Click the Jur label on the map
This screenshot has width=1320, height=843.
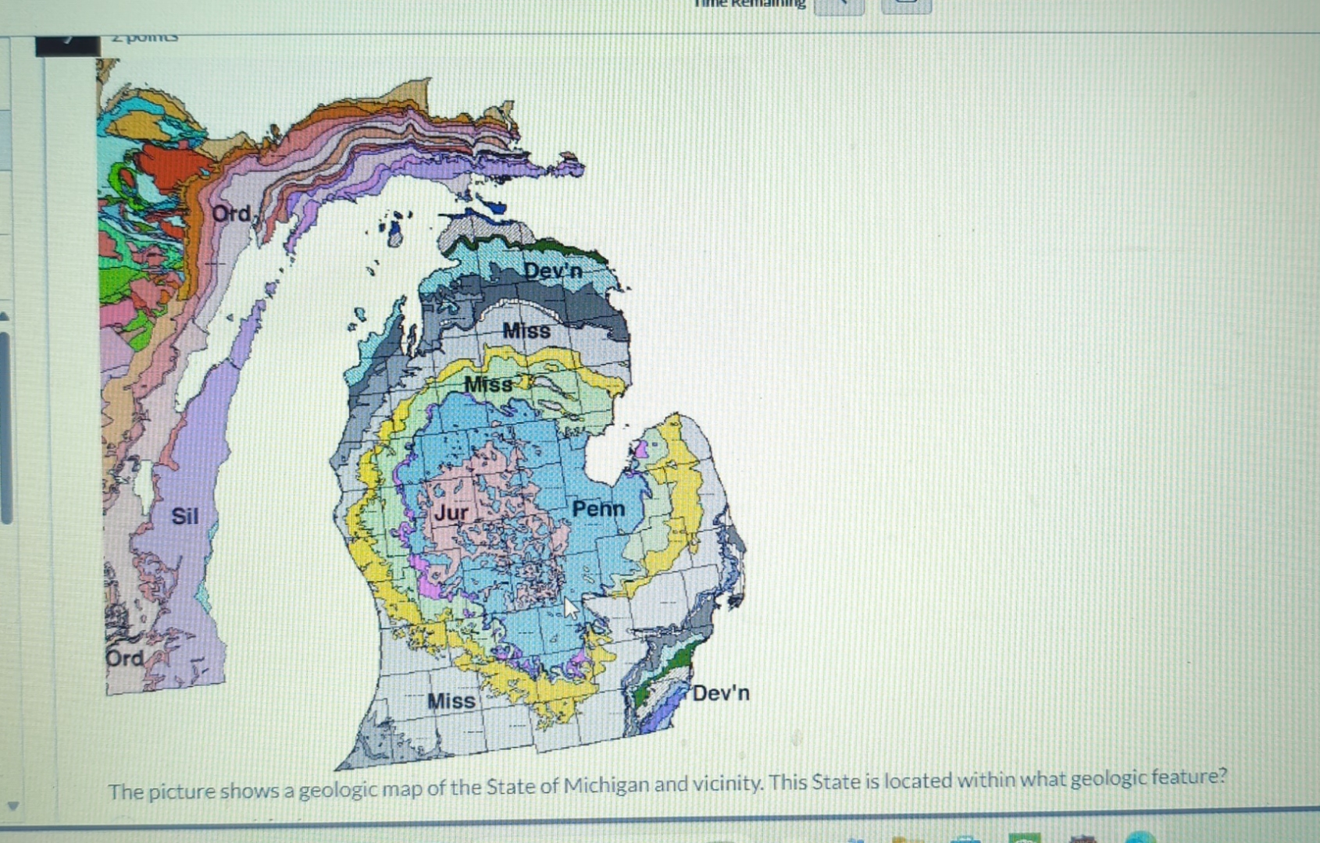click(x=451, y=513)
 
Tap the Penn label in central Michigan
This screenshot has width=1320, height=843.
click(x=598, y=509)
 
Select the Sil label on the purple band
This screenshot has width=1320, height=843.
click(x=185, y=516)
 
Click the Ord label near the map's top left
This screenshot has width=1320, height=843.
click(x=231, y=213)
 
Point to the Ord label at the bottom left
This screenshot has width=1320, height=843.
click(x=125, y=658)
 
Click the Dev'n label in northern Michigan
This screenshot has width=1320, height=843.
click(x=553, y=271)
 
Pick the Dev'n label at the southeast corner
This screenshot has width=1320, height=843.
click(x=720, y=693)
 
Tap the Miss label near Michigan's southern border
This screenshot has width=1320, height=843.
click(x=451, y=701)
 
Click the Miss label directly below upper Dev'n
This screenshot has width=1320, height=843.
click(x=526, y=331)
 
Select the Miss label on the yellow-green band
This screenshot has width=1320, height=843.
click(x=488, y=384)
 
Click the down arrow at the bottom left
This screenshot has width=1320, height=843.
click(x=12, y=806)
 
